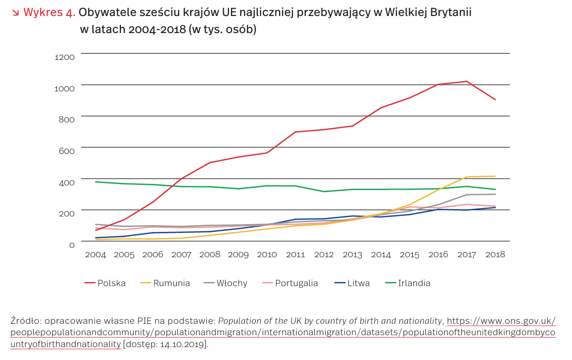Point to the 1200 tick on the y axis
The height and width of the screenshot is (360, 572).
click(65, 57)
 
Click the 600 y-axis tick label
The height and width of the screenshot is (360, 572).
click(67, 151)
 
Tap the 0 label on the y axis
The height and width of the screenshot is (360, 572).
click(72, 244)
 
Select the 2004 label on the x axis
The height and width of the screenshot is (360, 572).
click(96, 255)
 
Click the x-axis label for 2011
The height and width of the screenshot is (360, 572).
click(295, 255)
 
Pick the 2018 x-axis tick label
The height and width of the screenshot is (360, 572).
click(495, 255)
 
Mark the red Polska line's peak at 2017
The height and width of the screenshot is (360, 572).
click(467, 81)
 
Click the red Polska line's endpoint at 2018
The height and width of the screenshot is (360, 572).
click(496, 100)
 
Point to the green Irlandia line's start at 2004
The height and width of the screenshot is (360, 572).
click(96, 182)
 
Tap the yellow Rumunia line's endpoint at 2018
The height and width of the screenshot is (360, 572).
click(496, 176)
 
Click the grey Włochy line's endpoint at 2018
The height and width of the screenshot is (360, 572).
click(496, 194)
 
